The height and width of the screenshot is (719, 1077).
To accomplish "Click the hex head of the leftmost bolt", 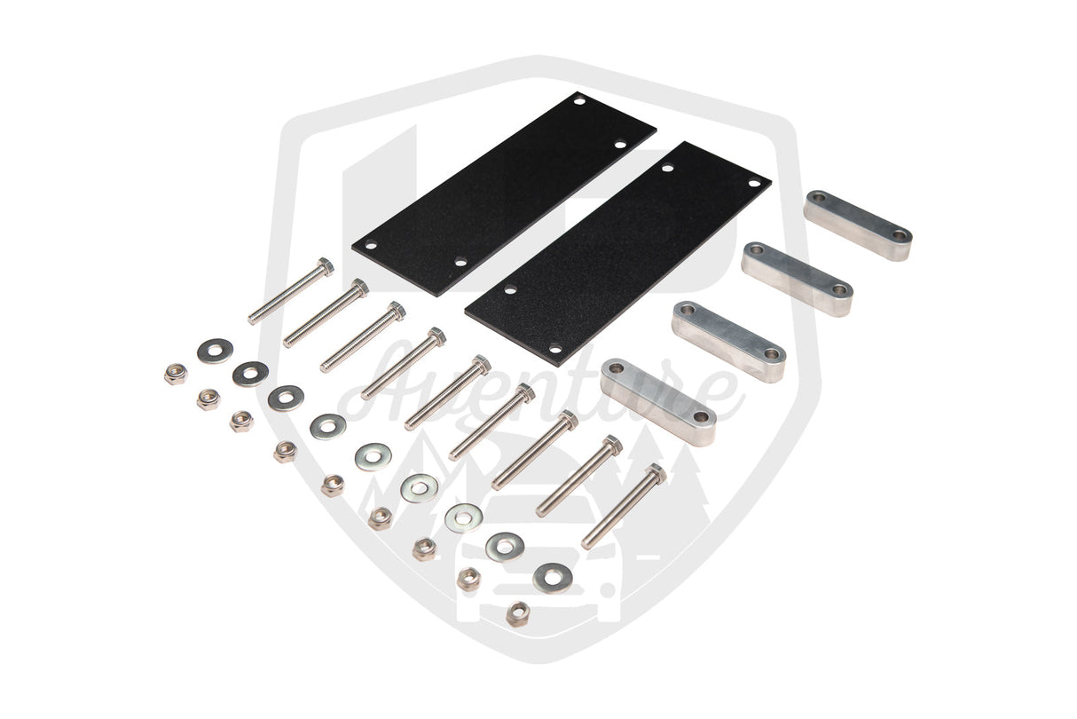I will coord(325,265).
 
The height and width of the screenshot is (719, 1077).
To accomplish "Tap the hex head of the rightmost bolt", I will coord(655,472).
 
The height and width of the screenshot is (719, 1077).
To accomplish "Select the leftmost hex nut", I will coord(175,374).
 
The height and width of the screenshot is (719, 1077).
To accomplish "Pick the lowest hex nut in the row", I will coord(517,612).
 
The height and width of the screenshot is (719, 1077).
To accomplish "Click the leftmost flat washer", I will coord(215,351).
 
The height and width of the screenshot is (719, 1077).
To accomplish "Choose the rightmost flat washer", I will coord(552,579).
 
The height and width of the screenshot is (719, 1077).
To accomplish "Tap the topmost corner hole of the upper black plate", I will coord(579,102).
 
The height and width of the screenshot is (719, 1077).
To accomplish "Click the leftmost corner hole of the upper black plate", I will coord(372,246).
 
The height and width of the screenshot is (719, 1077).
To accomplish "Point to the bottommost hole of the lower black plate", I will coord(554,349).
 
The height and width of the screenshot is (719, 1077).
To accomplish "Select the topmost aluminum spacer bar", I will coord(858,225).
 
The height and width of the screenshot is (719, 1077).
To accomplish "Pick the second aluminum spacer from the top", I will coord(797,278).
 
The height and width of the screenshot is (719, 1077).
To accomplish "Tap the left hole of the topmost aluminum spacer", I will coord(817,197).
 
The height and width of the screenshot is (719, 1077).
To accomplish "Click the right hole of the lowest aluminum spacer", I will coord(701,415).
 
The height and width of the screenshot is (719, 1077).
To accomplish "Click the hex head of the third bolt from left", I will coord(396,310).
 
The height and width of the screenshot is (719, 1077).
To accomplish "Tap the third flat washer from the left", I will coord(286,398).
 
